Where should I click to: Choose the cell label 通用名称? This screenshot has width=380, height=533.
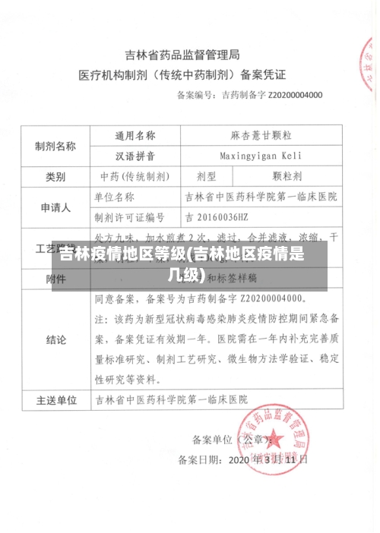135,136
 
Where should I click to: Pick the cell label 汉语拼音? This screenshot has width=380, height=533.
135,156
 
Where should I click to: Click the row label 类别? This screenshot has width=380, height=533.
55,176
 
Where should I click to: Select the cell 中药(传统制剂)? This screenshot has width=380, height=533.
134,176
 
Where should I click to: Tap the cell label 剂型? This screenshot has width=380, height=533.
207,176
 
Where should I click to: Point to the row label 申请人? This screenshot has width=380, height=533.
55,207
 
